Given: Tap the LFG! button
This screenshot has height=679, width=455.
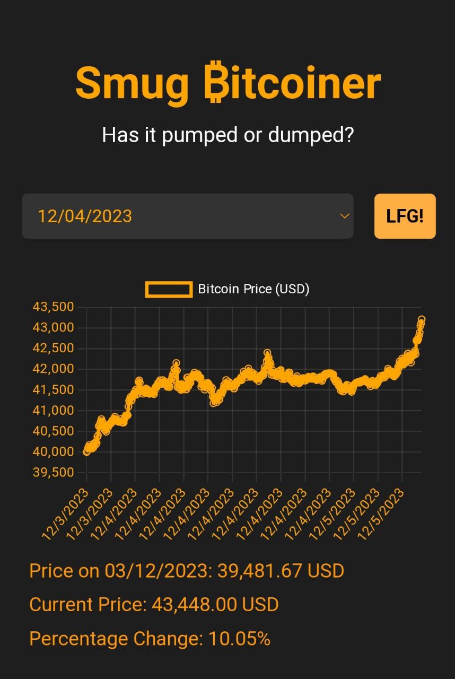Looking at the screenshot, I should (x=405, y=216).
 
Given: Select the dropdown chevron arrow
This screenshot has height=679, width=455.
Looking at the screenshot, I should (x=345, y=216).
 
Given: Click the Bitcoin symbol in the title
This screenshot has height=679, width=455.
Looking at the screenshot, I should (x=215, y=84).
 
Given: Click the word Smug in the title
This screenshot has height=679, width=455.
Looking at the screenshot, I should (x=132, y=84).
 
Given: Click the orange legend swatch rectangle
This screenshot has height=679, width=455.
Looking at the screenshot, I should (x=169, y=289).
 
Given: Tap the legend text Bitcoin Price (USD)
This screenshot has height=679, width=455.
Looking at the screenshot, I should (x=253, y=289).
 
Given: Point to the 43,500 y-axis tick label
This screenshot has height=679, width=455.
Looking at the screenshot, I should (x=53, y=307).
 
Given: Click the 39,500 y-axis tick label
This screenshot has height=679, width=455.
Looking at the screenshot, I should (x=53, y=473).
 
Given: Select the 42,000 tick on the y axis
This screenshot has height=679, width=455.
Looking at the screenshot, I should (x=53, y=369).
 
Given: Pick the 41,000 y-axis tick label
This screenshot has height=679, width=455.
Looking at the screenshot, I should (x=53, y=411).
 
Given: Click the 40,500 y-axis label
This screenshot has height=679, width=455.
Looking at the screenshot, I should (x=53, y=431).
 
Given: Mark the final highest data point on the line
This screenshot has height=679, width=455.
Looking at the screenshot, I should (x=422, y=319).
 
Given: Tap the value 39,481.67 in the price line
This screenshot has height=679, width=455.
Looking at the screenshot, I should (x=260, y=571).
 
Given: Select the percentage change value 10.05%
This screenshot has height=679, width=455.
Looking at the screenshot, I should (x=240, y=639).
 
